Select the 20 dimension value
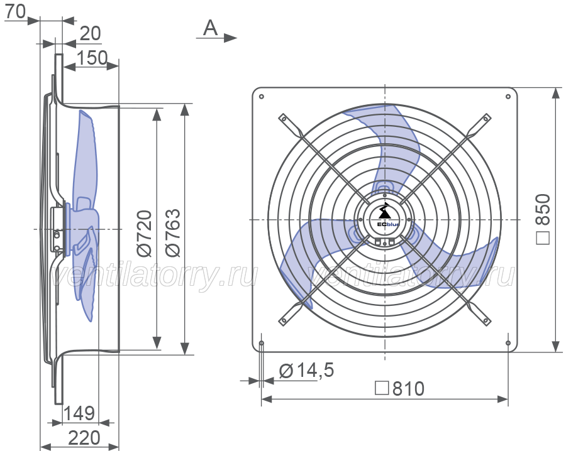90,33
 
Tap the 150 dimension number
92,58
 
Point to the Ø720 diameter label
145,233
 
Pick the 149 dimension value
79,413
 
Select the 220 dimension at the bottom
84,438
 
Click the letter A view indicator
211,28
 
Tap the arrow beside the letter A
216,38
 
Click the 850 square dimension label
543,219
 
